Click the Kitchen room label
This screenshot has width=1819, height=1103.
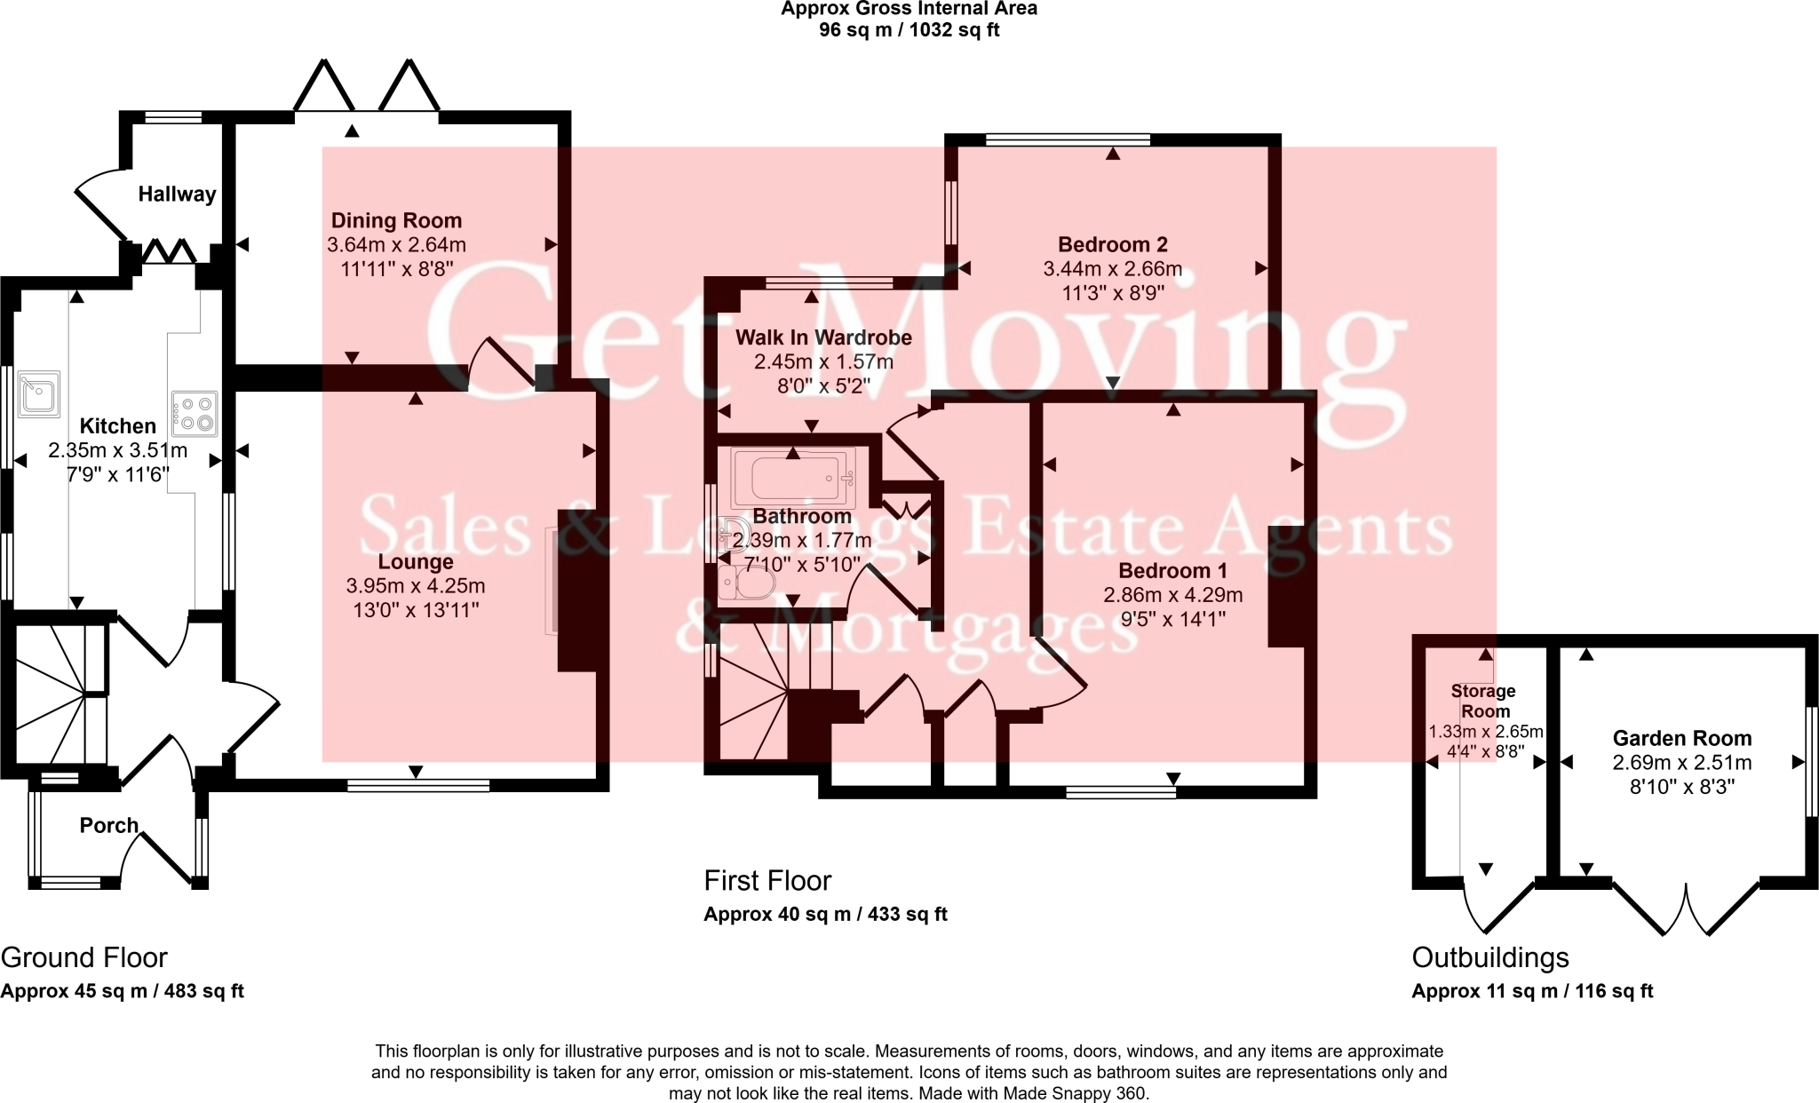coord(118,426)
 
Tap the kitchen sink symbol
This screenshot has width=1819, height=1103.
coord(39,393)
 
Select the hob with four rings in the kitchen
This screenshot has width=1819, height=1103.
coord(195,414)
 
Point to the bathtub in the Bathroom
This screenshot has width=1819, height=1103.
coord(792,478)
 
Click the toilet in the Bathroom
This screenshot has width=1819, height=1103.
coord(746,585)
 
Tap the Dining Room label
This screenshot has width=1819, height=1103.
coord(396,220)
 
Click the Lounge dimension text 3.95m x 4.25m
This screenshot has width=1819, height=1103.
coord(416,586)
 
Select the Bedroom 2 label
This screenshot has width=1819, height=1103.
coord(1113,244)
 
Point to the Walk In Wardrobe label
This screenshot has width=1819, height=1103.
coord(823,337)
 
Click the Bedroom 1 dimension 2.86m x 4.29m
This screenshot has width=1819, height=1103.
coord(1173,595)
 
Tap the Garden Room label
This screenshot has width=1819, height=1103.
coord(1682,738)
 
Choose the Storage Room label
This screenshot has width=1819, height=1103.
coord(1484,701)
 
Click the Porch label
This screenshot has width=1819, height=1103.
coord(109,826)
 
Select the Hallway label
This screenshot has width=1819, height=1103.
coord(177,194)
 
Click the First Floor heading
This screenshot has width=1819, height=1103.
coord(767,881)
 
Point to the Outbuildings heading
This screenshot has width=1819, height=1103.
coord(1490,957)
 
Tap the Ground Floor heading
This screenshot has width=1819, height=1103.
coord(83,957)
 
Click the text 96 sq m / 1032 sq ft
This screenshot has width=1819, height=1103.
coord(909,29)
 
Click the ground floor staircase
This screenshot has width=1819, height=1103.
coord(60,694)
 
